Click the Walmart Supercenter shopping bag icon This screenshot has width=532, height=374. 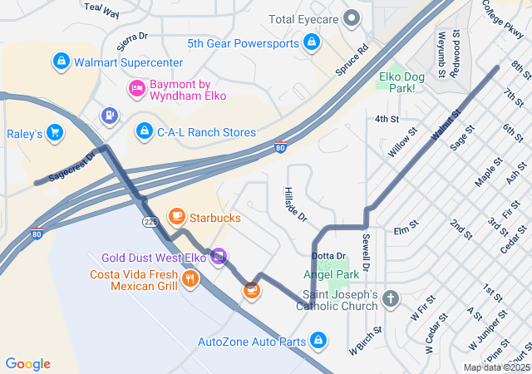61,62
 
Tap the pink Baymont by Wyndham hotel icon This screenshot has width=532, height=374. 136,88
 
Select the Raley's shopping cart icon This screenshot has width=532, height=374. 55,132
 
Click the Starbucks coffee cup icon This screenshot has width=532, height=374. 176,217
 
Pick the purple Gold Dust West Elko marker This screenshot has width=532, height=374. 219,256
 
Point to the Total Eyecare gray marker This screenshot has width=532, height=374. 352,17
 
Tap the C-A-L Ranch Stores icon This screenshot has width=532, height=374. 145,131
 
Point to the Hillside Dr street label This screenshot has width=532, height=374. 295,204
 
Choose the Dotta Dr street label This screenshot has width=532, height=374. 328,255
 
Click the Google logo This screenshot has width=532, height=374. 28,364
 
